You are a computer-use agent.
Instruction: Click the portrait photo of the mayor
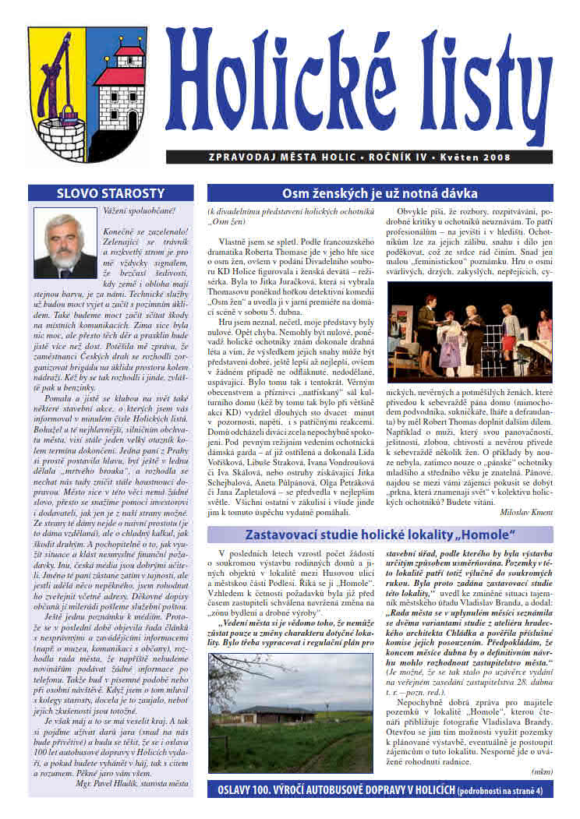(65, 242)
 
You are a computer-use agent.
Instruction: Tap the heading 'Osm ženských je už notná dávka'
(380, 193)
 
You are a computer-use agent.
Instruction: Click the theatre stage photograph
(469, 331)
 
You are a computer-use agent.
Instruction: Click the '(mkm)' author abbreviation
(540, 771)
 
